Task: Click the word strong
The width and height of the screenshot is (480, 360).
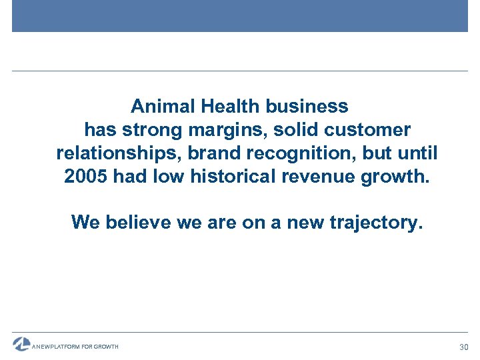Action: (155, 130)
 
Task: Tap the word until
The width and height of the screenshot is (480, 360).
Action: (417, 153)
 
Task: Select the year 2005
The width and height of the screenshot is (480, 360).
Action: (87, 177)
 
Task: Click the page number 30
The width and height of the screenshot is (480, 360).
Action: (464, 347)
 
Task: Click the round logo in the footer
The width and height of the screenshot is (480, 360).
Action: (21, 344)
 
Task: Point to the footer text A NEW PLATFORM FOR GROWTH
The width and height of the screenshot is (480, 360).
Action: (75, 347)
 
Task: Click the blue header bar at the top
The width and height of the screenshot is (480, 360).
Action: (240, 16)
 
